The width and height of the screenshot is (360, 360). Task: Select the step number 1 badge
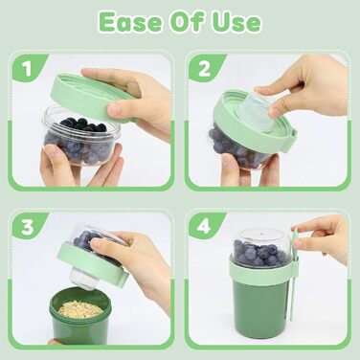(28, 68)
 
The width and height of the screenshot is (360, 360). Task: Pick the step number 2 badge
(204, 68)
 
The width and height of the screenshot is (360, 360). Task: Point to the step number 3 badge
(28, 226)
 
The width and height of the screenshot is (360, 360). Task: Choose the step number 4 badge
(204, 226)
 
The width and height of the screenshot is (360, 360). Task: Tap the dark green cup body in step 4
(260, 304)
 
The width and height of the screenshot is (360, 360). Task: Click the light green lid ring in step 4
(261, 271)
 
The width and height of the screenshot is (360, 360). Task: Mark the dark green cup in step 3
(79, 316)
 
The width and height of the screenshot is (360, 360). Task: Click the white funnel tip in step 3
(84, 279)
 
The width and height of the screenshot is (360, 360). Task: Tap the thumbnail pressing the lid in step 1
(114, 108)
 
